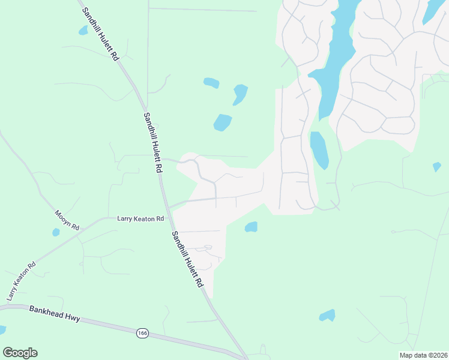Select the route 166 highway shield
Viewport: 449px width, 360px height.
[x=142, y=333]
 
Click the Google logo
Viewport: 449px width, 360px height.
[x=20, y=353]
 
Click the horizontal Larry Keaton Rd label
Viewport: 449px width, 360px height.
[x=140, y=219]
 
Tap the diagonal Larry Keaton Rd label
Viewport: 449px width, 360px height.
[x=22, y=281]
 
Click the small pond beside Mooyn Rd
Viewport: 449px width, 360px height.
[x=56, y=232]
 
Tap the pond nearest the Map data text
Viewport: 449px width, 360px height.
[x=327, y=315]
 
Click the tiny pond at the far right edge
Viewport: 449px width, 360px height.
[x=436, y=167]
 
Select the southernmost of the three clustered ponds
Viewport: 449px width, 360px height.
[x=223, y=122]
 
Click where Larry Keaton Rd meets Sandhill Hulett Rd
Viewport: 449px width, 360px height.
[x=170, y=207]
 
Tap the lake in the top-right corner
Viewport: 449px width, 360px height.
[x=433, y=10]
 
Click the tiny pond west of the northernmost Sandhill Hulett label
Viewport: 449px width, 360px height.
[x=83, y=31]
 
